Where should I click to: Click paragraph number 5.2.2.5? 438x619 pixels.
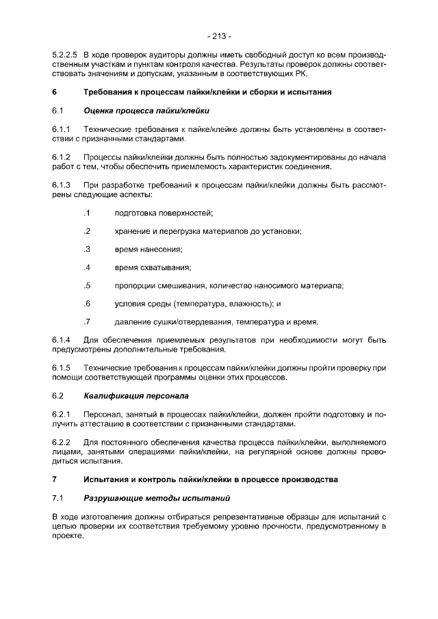pos(64,53)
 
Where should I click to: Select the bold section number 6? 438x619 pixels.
pos(55,92)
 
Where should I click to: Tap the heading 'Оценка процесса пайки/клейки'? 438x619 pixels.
pos(146,110)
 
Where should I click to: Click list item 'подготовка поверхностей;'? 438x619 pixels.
pos(164,213)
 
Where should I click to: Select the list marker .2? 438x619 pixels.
pos(86,231)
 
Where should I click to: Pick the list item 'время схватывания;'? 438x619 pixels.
pos(153,267)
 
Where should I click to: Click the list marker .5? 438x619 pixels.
pos(86,285)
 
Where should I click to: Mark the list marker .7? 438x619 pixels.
pos(86,321)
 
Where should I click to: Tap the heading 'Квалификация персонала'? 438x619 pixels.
pos(136,395)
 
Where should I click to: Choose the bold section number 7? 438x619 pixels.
pos(55,479)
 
